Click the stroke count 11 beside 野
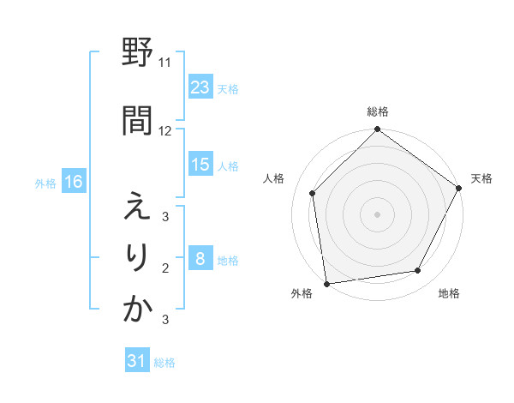[x=165, y=63]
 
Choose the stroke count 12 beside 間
[x=165, y=131]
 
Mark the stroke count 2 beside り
[x=165, y=268]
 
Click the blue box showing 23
[x=200, y=87]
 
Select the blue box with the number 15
[x=200, y=165]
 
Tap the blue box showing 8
[x=200, y=259]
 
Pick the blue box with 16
[x=73, y=182]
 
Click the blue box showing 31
[x=137, y=362]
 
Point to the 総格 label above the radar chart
[x=378, y=112]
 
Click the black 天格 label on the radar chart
[x=481, y=178]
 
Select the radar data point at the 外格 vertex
[x=326, y=282]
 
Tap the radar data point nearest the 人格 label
[x=313, y=193]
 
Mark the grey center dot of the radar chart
[x=377, y=214]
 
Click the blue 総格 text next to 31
[x=164, y=363]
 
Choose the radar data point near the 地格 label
[x=418, y=270]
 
